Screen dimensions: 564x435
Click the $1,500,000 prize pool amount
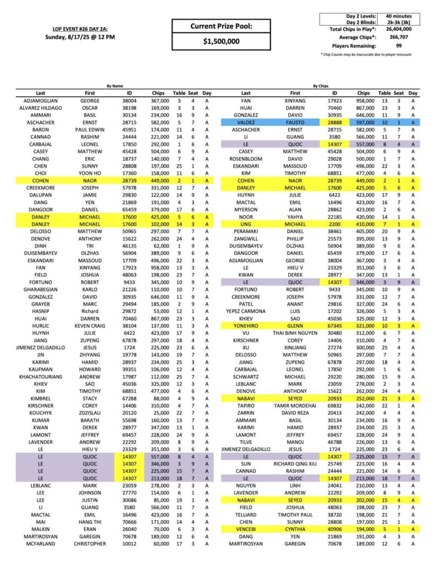[221, 41]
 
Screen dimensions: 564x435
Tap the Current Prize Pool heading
[221, 26]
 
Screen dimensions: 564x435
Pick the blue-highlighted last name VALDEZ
[245, 122]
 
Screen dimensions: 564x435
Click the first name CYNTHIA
[295, 528]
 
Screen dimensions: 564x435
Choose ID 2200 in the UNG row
[334, 209]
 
